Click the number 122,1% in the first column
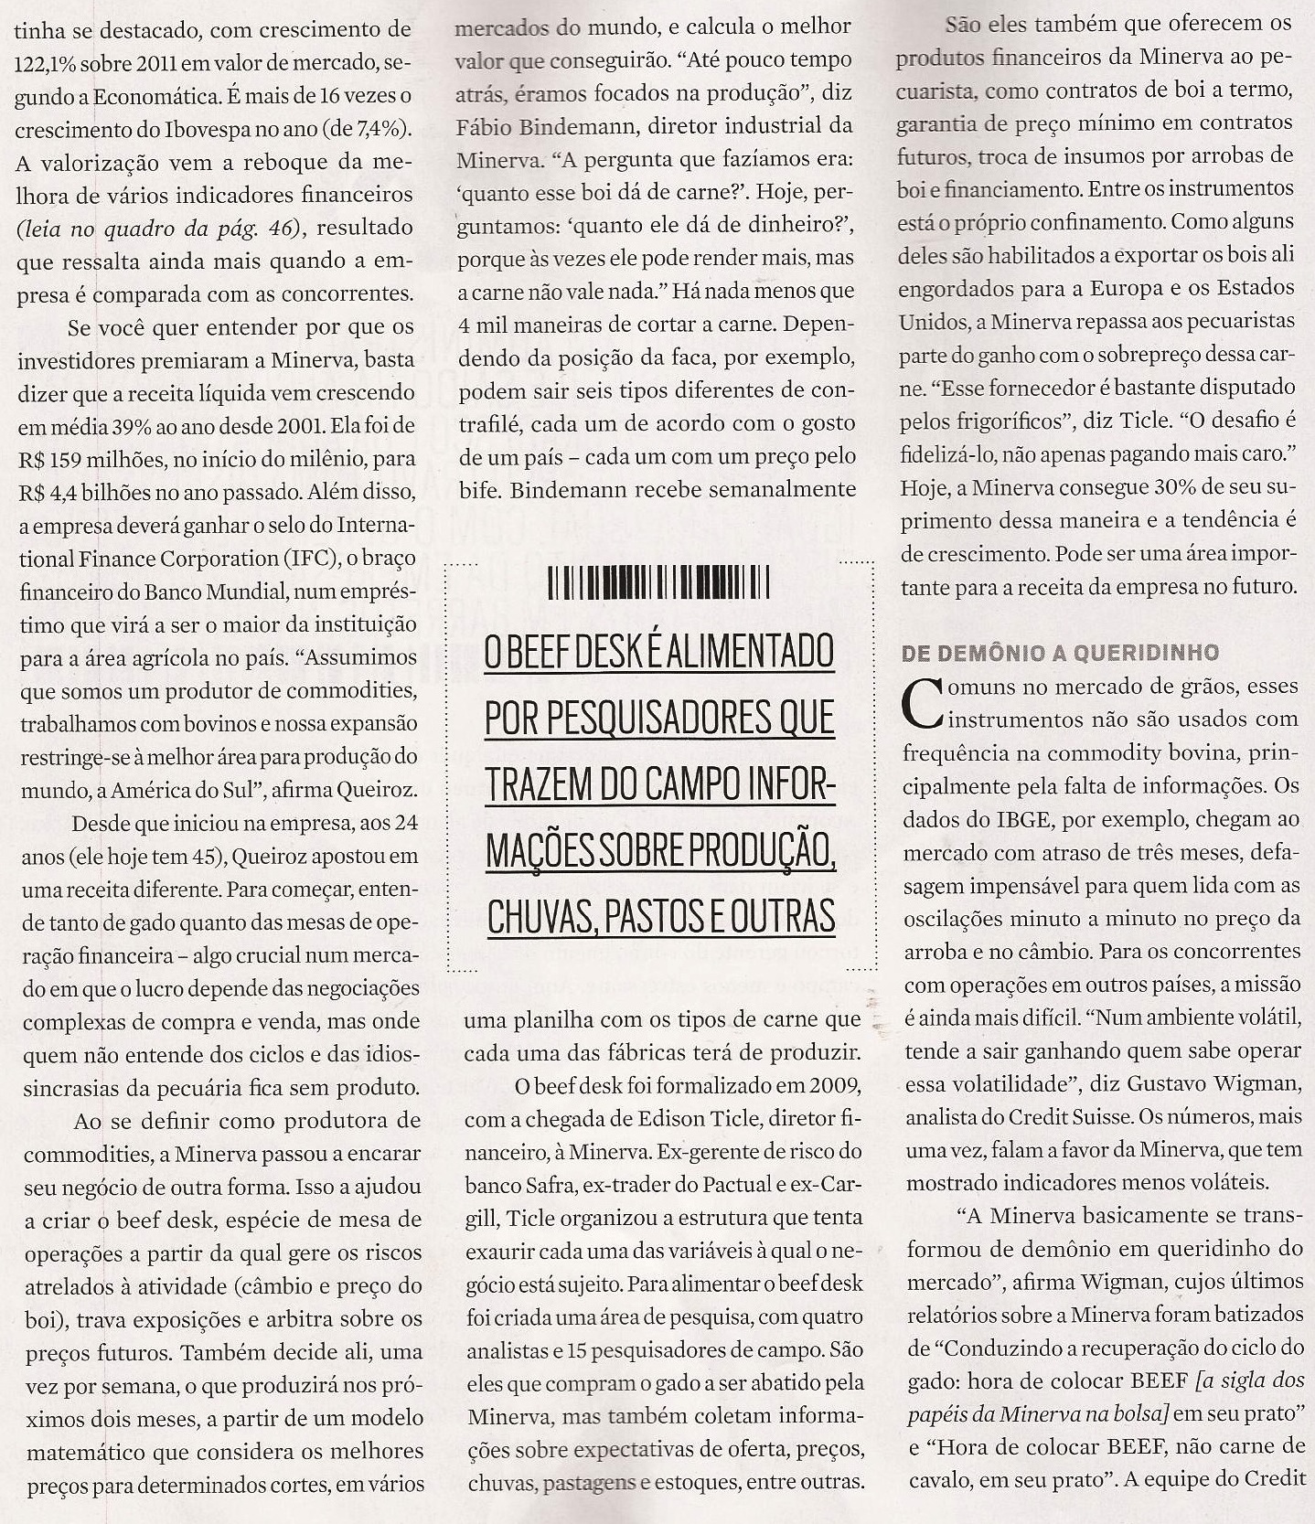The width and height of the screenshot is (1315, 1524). coord(50,63)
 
